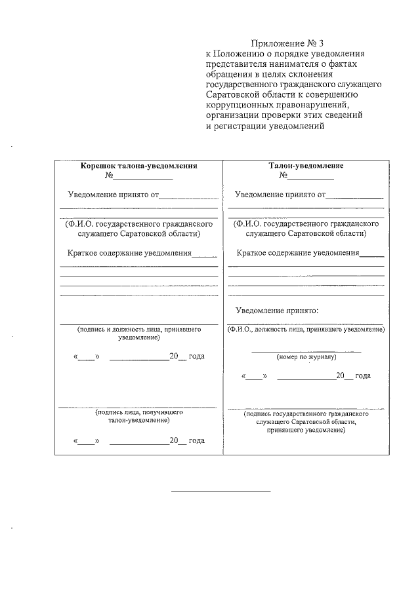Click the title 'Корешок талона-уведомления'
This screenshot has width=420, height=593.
(138, 166)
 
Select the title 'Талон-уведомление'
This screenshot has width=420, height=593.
(306, 166)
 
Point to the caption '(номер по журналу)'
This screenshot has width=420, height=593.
(306, 358)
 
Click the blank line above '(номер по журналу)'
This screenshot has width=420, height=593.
(306, 351)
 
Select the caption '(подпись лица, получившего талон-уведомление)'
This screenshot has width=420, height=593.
(138, 417)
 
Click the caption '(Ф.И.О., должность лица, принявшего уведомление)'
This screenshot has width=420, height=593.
(306, 329)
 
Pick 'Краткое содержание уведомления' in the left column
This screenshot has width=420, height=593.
(129, 252)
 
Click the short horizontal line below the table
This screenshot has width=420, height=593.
(220, 491)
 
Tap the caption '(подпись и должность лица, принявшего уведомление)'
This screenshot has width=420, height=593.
(138, 334)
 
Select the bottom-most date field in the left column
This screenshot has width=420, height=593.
(139, 440)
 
